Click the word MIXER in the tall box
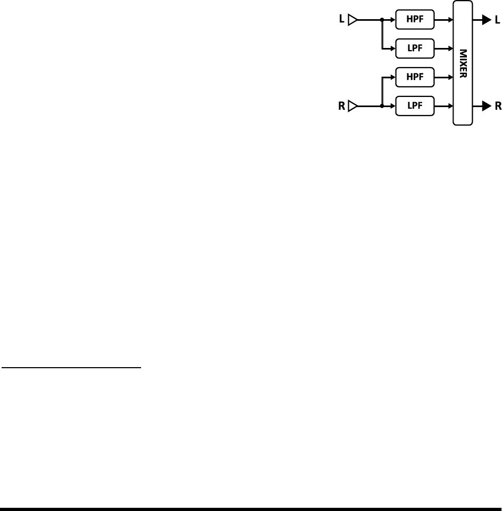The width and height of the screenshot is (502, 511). [463, 63]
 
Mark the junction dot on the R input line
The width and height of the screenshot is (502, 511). [382, 106]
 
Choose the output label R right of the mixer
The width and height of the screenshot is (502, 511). [498, 106]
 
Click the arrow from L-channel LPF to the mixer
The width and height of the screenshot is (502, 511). [443, 50]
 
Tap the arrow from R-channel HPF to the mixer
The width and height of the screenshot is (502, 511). [443, 77]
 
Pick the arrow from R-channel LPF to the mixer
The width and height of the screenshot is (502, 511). [443, 106]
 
